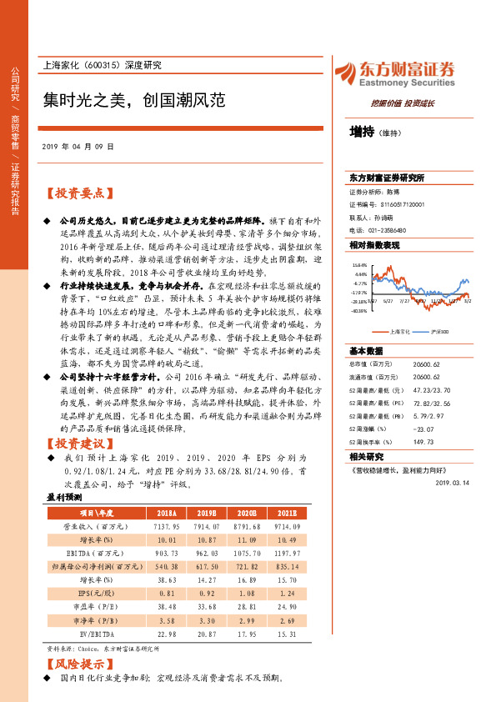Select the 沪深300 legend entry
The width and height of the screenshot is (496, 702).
(x=438, y=330)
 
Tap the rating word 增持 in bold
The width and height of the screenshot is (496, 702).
(x=361, y=132)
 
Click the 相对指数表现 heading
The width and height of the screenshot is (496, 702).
(x=374, y=245)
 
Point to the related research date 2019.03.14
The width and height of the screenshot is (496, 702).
(x=453, y=481)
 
